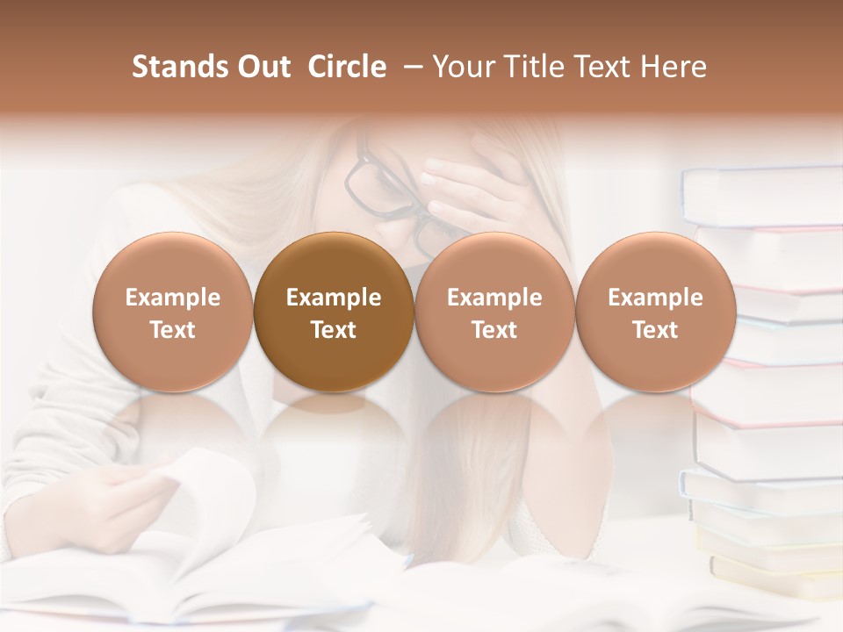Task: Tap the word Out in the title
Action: [262, 67]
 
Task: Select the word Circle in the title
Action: [347, 67]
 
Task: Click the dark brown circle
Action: [334, 312]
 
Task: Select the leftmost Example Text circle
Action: [173, 312]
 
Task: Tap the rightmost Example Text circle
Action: [656, 312]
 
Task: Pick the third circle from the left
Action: [494, 312]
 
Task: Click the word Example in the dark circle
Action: [334, 298]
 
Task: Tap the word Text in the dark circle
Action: [334, 330]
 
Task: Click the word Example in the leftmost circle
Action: [173, 298]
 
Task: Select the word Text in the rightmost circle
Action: [656, 330]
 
